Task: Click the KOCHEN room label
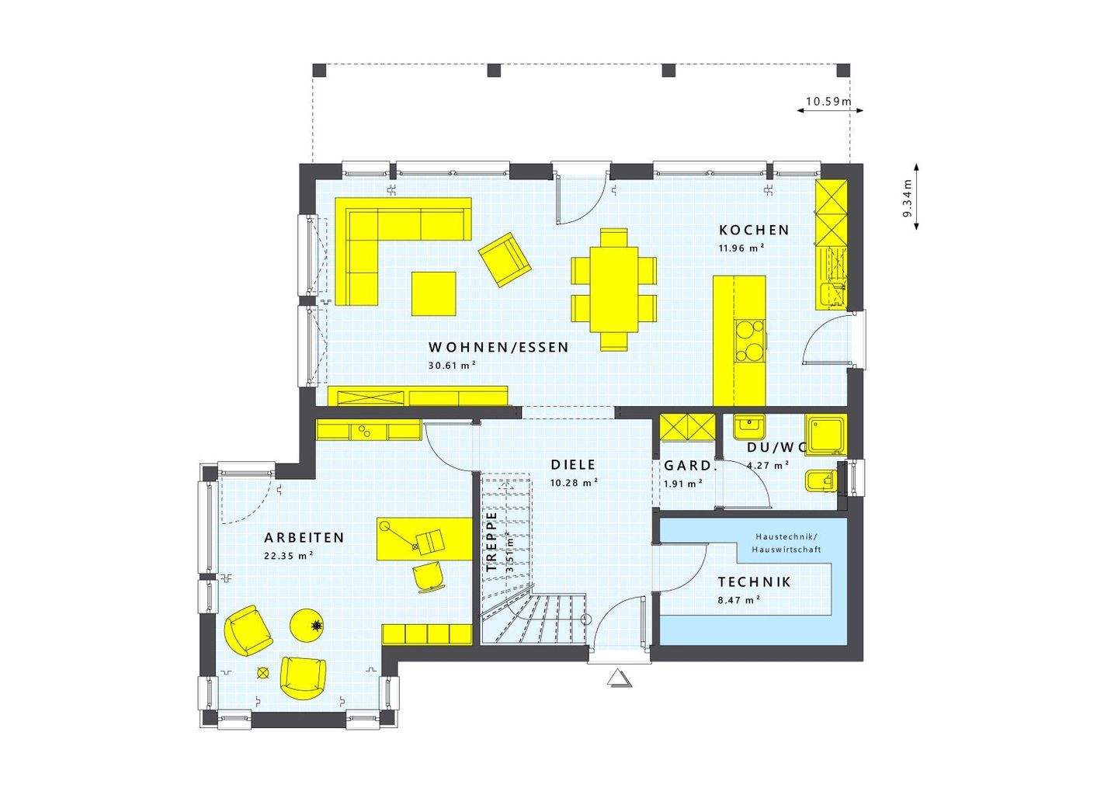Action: point(754,230)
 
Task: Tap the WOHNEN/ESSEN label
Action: point(498,347)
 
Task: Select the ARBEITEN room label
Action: point(304,537)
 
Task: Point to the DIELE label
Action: point(573,465)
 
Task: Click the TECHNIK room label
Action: point(754,581)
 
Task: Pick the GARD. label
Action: point(688,466)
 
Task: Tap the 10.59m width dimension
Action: point(828,101)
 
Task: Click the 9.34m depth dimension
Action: point(907,197)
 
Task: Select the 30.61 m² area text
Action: point(452,365)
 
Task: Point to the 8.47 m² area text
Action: point(738,599)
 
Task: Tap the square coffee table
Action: point(433,293)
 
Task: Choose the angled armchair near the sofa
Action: point(505,258)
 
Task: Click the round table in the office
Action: point(308,625)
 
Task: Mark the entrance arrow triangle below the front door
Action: point(619,679)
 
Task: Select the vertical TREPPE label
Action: point(491,542)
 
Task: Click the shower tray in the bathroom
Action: point(825,434)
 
